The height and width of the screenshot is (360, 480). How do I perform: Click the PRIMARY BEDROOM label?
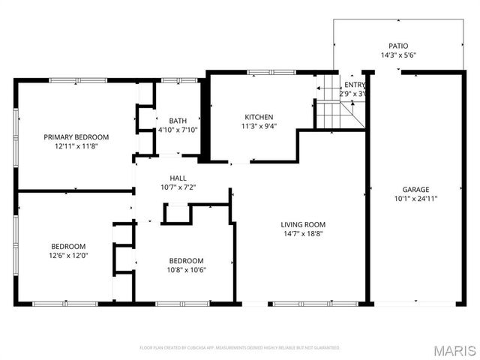click(x=76, y=136)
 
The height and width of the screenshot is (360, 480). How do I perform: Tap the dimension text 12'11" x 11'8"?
click(x=76, y=146)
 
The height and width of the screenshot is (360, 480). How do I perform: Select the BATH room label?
click(x=178, y=120)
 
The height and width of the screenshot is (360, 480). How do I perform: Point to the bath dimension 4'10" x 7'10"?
click(x=178, y=130)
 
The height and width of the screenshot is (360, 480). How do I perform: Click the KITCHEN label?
click(x=259, y=116)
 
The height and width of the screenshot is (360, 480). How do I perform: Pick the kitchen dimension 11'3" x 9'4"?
click(x=259, y=126)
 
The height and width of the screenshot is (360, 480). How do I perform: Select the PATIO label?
click(x=398, y=46)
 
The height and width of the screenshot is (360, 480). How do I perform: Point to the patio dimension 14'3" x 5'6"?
click(x=398, y=55)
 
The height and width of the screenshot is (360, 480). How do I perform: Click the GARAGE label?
click(x=415, y=189)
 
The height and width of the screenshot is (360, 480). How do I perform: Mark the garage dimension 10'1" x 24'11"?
click(x=415, y=199)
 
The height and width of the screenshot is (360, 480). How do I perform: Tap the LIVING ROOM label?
click(x=303, y=224)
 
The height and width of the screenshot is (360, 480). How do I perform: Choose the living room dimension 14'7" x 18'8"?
click(x=303, y=234)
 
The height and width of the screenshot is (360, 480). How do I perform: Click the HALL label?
click(x=178, y=178)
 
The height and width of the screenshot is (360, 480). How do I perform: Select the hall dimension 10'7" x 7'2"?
click(x=178, y=187)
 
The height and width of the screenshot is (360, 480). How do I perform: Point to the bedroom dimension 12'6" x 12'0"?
click(x=68, y=255)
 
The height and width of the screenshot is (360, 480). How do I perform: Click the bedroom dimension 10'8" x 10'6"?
click(x=186, y=270)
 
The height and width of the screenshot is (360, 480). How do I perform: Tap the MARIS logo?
click(x=454, y=350)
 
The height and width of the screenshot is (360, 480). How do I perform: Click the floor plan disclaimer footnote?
click(x=240, y=348)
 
